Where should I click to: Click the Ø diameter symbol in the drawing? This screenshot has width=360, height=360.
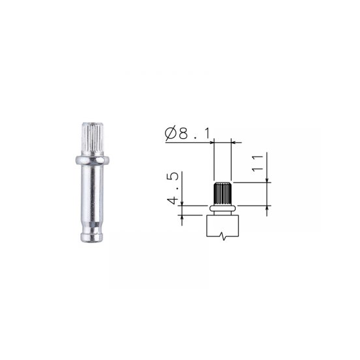coord(171,133)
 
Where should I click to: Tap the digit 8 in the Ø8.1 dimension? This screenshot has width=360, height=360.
coord(183,134)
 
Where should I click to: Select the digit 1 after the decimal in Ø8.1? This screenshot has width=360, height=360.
coord(207,134)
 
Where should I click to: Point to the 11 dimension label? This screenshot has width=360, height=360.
coord(257,163)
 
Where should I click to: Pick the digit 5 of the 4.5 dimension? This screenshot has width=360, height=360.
coord(172,176)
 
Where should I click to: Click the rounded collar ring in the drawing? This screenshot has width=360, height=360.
coord(223,208)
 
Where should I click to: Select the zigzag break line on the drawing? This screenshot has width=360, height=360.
coord(223,236)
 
